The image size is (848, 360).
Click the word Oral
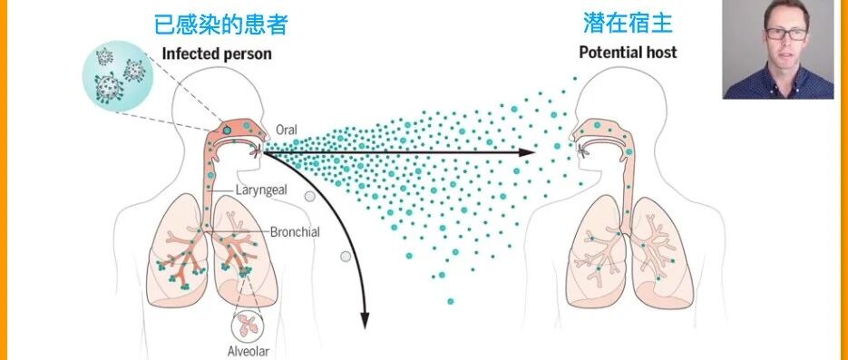(x=287, y=131)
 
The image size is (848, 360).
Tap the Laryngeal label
(x=261, y=190)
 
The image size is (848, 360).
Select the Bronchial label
(x=295, y=232)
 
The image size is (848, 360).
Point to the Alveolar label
(x=249, y=350)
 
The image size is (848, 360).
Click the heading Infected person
(x=217, y=54)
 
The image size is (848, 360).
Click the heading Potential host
(x=628, y=53)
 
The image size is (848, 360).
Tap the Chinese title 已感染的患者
(x=220, y=24)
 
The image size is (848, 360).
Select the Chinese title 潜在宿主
(x=628, y=23)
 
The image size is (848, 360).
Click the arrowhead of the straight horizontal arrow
(x=527, y=152)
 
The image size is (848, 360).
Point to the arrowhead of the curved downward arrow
(x=365, y=321)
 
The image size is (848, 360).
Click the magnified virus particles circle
(x=118, y=76)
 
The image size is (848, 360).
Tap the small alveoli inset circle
(x=249, y=326)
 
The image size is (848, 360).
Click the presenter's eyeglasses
(x=786, y=34)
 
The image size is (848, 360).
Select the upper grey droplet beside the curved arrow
(x=310, y=196)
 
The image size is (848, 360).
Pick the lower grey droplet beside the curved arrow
(x=346, y=257)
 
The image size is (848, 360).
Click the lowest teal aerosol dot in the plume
(x=451, y=301)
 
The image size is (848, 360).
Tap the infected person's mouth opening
(x=257, y=151)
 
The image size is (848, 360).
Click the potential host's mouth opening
(x=582, y=151)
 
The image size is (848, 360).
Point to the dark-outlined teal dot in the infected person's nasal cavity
(x=227, y=130)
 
